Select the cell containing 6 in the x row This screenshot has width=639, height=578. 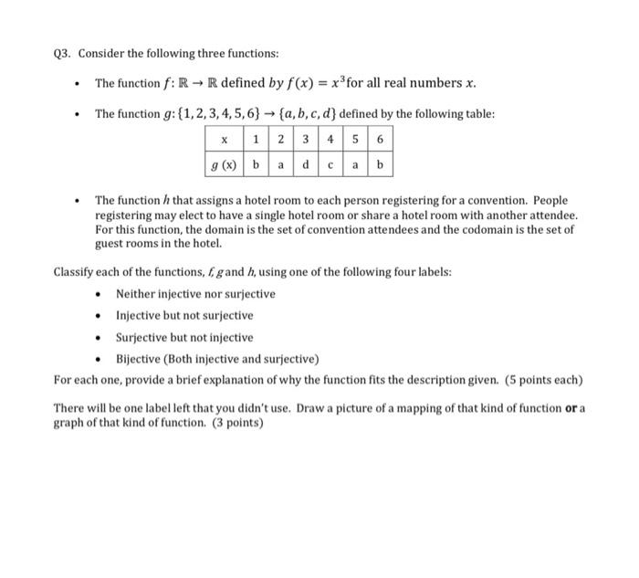[x=381, y=140]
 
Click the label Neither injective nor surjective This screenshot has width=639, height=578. [x=194, y=293]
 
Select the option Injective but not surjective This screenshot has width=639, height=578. [x=184, y=315]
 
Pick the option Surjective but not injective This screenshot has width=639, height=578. [x=184, y=337]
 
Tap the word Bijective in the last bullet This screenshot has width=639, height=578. [x=137, y=358]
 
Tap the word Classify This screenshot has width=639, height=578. [x=73, y=272]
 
